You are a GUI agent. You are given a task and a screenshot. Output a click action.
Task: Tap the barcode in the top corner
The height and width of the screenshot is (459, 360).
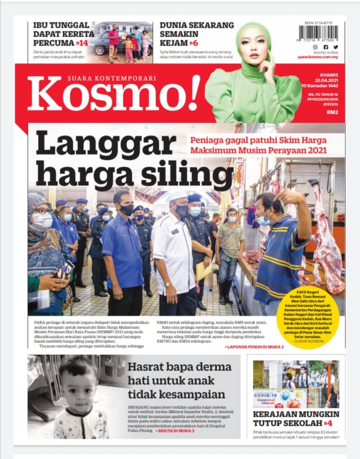318,33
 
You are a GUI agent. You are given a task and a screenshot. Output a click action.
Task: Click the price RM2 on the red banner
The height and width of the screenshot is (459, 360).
332,113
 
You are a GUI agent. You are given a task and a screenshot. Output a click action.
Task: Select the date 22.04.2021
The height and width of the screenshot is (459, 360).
326,80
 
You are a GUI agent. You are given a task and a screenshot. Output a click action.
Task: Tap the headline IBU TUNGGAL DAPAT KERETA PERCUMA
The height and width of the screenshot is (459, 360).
63,34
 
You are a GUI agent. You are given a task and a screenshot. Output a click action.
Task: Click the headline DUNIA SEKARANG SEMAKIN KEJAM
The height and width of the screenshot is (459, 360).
196,34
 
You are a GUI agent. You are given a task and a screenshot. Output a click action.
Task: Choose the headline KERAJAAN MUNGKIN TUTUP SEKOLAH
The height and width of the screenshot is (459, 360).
296,418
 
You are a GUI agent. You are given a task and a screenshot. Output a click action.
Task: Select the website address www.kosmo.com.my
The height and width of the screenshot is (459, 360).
317,57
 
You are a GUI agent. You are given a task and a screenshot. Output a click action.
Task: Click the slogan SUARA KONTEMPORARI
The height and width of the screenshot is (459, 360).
111,78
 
